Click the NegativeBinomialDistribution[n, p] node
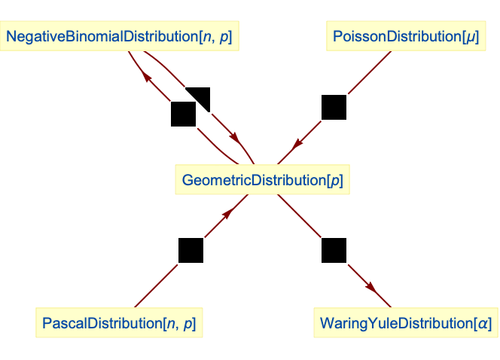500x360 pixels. pos(120,36)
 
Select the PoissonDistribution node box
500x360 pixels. pos(403,36)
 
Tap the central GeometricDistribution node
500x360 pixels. pos(263,180)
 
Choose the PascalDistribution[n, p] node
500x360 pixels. pos(120,324)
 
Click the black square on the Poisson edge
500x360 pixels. pos(334,107)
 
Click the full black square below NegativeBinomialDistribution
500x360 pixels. pos(183,114)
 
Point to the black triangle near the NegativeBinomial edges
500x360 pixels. pos(202,96)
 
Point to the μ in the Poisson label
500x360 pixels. pos(471,37)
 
